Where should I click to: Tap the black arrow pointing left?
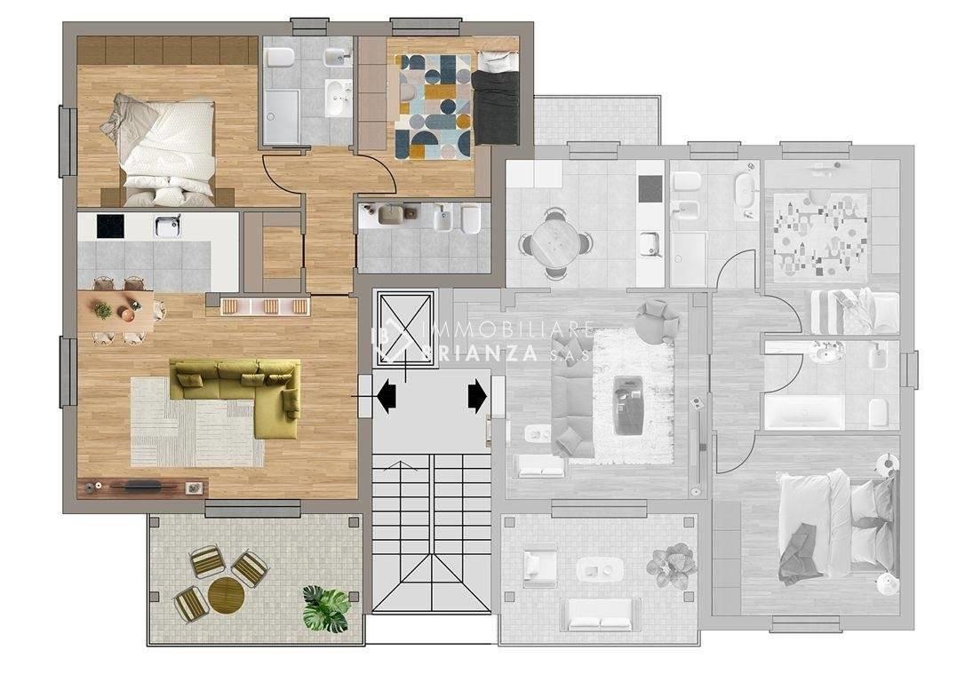click(x=387, y=395)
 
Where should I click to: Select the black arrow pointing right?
click(x=477, y=395)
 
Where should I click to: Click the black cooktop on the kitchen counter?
click(x=110, y=226)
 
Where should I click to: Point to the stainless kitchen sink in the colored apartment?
click(x=167, y=226)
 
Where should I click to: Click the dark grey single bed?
click(x=496, y=99)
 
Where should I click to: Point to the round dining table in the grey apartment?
click(x=555, y=241)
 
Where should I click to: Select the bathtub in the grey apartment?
click(x=804, y=413)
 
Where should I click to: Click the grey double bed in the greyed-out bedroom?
click(x=836, y=527)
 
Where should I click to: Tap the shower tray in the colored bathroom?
click(x=282, y=117)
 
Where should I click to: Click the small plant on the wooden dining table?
click(x=103, y=311)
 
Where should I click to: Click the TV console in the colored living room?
click(x=143, y=487)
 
